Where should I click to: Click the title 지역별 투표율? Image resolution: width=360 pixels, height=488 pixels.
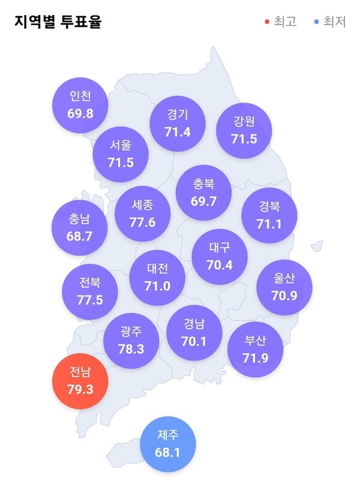pos(58,22)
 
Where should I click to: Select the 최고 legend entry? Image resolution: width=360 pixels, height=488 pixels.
pos(281,22)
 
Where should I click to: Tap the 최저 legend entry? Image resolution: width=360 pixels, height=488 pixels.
pos(330,22)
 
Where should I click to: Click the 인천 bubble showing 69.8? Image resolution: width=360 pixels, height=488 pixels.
pos(80,104)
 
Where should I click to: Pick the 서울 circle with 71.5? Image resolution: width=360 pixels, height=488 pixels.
pos(121,153)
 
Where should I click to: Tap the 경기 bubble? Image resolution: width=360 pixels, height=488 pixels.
pos(178,123)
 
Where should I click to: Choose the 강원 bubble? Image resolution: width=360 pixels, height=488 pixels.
pos(244,130)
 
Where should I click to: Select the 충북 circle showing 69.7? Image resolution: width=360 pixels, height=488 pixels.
pos(204,193)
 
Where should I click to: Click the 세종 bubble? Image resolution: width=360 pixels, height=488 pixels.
pos(142,213)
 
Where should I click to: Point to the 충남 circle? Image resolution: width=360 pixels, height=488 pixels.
pos(79,228)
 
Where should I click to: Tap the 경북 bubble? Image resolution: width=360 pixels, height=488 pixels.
pos(269,215)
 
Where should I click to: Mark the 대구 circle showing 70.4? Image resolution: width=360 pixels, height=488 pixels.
pos(220,255)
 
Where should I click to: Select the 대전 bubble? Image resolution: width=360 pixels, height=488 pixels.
pos(157,278)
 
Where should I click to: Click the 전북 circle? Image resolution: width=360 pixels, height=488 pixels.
pos(89,291)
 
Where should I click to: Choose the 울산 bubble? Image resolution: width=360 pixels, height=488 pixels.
pos(284,287)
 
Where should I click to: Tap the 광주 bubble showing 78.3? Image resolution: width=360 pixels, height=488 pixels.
pos(131,340)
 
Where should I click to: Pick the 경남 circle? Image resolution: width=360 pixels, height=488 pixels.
pos(194,333)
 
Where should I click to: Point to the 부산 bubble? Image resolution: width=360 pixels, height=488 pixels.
pos(256,350)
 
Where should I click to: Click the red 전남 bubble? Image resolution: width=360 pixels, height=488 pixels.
pos(80,381)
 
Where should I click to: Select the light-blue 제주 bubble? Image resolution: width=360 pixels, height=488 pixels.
pos(168,444)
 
